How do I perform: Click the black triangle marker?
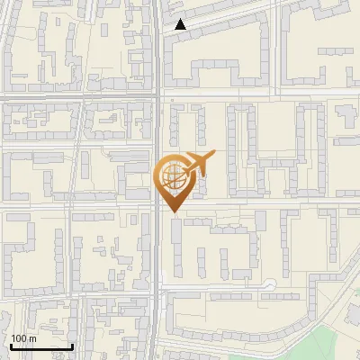[x=181, y=24]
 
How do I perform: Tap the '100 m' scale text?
[x=24, y=337]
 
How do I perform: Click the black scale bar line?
[x=40, y=346]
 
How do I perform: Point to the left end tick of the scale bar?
[x=10, y=344]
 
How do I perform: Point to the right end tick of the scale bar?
[x=72, y=344]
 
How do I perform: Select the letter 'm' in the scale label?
[x=32, y=337]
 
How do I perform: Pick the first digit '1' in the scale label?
[x=14, y=337]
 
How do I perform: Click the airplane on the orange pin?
[x=200, y=163]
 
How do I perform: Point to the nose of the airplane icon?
[x=214, y=155]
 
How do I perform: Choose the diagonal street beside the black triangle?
[x=225, y=17]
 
